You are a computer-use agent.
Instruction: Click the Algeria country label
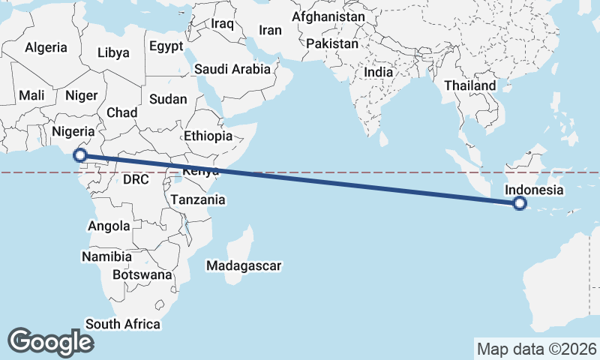(x=46, y=47)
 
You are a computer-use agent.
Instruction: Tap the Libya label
(x=113, y=52)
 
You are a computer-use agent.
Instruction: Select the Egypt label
(x=166, y=46)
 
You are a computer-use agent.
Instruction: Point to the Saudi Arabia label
(x=232, y=69)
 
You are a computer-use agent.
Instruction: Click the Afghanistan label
(x=328, y=16)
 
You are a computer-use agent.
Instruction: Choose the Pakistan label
(x=333, y=43)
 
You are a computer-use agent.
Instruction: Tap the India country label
(x=379, y=73)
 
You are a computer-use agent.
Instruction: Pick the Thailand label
(x=470, y=85)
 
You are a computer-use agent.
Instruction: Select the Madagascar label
(x=244, y=265)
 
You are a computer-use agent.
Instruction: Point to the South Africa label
(x=123, y=324)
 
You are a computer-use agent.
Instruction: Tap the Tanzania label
(x=198, y=199)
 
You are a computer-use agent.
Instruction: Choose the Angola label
(x=109, y=226)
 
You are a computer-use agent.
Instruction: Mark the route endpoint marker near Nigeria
(x=79, y=156)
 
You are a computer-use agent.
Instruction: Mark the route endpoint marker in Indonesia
(x=520, y=203)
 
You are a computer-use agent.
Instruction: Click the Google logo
(x=50, y=341)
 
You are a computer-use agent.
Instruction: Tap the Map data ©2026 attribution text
(x=536, y=349)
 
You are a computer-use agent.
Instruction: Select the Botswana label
(x=142, y=274)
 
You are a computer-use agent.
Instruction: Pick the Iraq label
(x=223, y=24)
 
